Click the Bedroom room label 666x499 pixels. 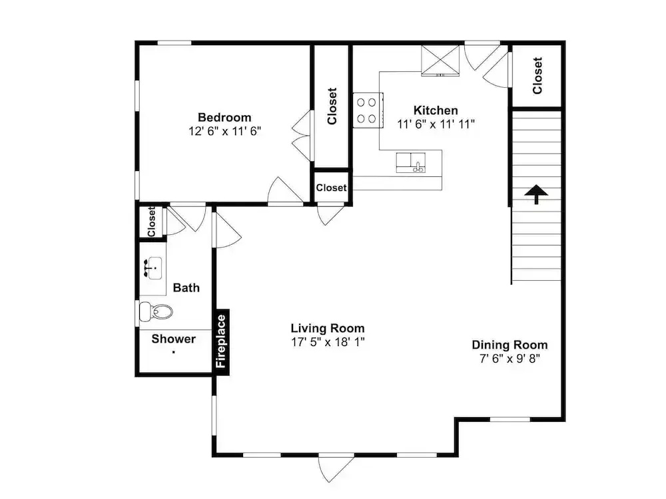tap(224, 118)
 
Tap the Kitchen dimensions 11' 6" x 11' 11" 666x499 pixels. tap(436, 124)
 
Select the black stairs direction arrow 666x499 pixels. tap(536, 194)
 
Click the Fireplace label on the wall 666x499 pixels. tap(221, 341)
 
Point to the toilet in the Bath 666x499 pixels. tap(156, 312)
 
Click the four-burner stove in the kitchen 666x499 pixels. tap(368, 110)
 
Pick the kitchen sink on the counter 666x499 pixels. tap(411, 163)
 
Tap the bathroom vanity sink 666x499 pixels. tap(153, 268)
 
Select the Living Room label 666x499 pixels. tap(328, 328)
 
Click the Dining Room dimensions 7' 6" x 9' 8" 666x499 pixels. tap(509, 359)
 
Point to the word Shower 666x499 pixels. tap(174, 339)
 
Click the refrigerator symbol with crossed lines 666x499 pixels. tap(440, 61)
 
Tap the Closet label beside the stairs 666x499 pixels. tap(537, 76)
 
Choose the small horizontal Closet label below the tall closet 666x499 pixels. tap(331, 188)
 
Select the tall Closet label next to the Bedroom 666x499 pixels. tap(332, 106)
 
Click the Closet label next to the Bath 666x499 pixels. tap(151, 222)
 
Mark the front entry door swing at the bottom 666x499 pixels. tap(336, 468)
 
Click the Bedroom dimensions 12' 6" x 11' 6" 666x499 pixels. tap(224, 131)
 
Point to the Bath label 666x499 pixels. tap(186, 287)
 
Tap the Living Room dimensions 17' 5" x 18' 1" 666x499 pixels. tap(328, 342)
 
